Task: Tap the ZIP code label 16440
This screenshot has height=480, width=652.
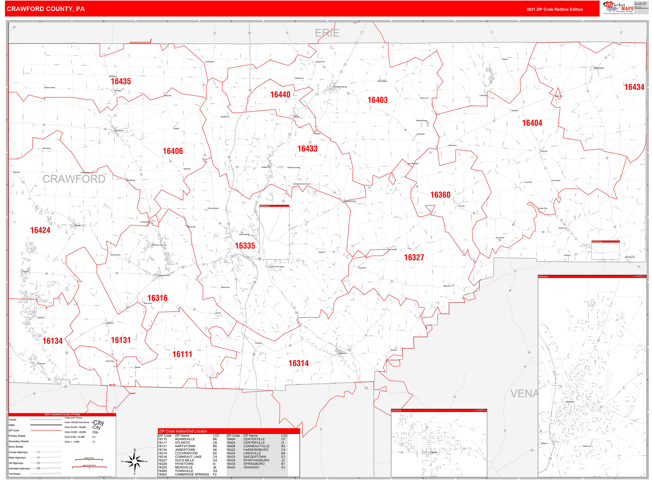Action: [280, 95]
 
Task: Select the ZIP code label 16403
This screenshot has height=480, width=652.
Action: [377, 100]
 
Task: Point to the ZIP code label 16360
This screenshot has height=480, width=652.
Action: [440, 195]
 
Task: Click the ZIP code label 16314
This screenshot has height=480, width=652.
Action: [298, 363]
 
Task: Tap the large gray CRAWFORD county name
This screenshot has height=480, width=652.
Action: [74, 179]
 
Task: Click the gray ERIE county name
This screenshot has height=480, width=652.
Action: [327, 33]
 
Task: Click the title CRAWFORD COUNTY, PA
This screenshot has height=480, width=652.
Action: [46, 9]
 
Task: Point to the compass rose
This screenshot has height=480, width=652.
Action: [134, 461]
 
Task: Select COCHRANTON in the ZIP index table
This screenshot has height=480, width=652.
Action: [186, 453]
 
